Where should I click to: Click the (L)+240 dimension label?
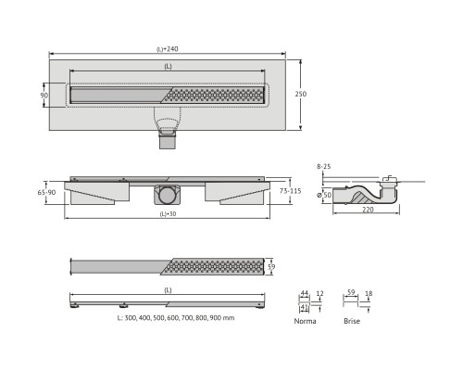click(167, 49)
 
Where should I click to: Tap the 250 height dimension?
click(300, 94)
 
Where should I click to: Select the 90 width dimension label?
click(44, 96)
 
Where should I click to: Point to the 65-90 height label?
click(46, 192)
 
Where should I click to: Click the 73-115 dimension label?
click(290, 191)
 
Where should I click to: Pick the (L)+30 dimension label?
click(168, 213)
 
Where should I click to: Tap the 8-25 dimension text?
click(324, 166)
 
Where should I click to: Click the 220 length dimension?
click(368, 210)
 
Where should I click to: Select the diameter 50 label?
click(325, 195)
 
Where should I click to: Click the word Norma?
click(305, 321)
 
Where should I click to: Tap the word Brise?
click(352, 321)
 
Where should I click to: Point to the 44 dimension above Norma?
click(305, 293)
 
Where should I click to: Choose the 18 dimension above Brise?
click(369, 293)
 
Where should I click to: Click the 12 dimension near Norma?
click(320, 293)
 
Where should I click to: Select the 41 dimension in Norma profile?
click(305, 307)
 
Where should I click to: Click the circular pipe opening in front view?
click(168, 195)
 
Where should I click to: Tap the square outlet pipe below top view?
click(168, 142)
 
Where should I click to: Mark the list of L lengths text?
click(176, 317)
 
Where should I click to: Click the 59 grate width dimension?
click(271, 266)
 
